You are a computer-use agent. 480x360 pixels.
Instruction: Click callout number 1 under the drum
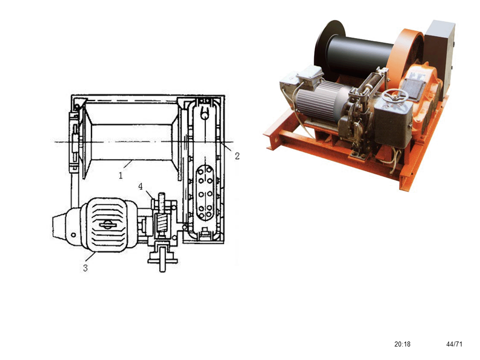[x=120, y=175]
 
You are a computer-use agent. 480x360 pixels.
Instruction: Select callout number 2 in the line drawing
[x=237, y=156]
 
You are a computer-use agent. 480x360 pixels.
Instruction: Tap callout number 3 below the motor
[x=85, y=268]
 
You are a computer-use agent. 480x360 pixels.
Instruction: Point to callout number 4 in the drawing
[x=140, y=186]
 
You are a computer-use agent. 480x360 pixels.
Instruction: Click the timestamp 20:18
[x=402, y=344]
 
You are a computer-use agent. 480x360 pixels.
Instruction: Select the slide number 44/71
[x=454, y=344]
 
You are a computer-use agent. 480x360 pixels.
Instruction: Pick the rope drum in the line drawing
[x=130, y=141]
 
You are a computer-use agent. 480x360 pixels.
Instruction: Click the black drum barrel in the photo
[x=359, y=56]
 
